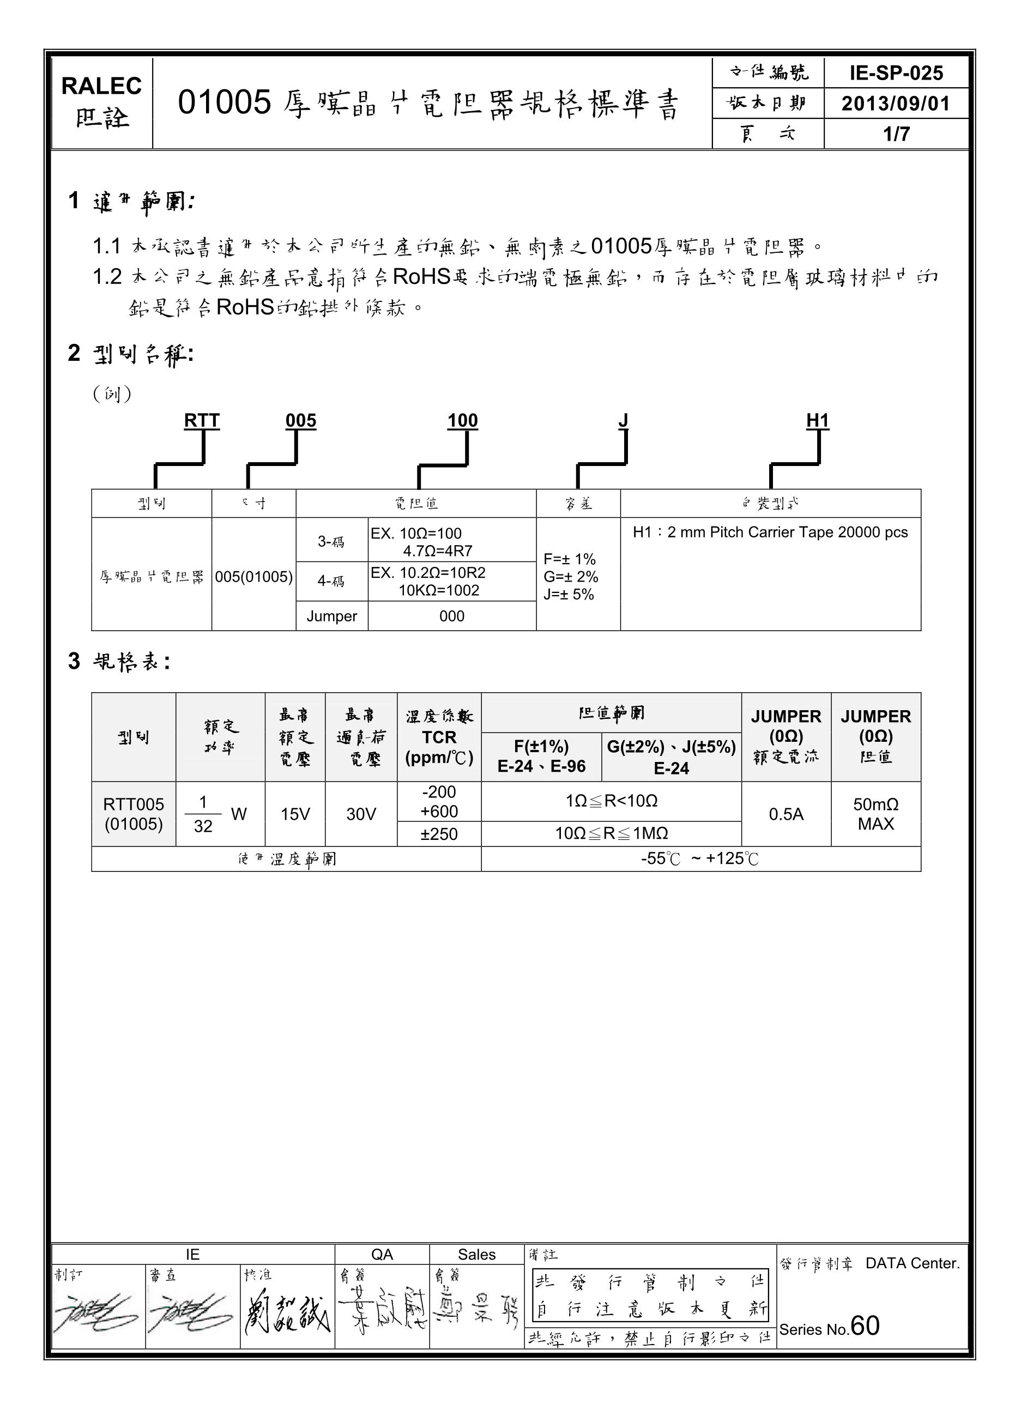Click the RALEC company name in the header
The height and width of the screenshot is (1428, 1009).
[x=101, y=86]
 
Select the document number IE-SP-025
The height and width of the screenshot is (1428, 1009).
[x=896, y=74]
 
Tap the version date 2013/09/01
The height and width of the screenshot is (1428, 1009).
[x=896, y=103]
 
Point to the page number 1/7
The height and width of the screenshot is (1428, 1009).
[x=896, y=134]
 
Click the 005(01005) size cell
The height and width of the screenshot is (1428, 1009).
[x=254, y=577]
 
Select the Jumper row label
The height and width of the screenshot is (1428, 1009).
[x=331, y=616]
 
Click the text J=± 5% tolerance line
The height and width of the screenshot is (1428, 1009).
[x=569, y=594]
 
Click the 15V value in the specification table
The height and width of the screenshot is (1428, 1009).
[x=295, y=814]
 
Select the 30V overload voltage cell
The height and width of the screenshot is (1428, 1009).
[x=361, y=814]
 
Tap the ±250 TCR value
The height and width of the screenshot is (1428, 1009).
[x=439, y=833]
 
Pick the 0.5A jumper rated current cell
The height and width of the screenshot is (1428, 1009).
[x=786, y=814]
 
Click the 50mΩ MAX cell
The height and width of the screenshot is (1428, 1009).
[x=875, y=814]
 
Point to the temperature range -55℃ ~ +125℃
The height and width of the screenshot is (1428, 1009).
[x=700, y=858]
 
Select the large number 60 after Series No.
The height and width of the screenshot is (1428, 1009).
[x=865, y=1326]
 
